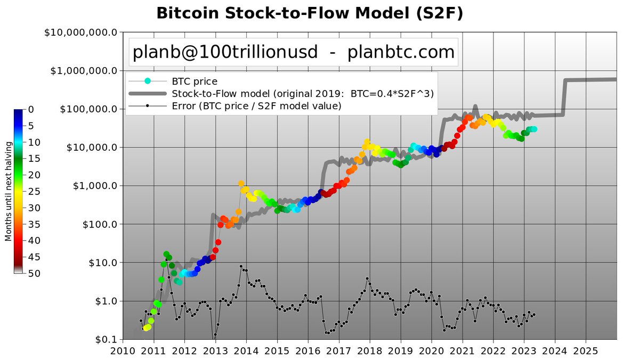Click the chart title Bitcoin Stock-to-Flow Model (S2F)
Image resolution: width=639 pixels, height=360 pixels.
[x=309, y=13]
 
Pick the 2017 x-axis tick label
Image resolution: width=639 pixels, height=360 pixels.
[x=339, y=351]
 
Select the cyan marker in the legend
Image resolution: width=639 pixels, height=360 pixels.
[x=148, y=81]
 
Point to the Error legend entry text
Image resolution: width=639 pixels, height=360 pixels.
[x=256, y=105]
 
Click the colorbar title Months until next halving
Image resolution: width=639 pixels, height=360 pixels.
[x=9, y=191]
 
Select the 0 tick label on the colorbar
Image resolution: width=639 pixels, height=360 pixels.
[x=31, y=109]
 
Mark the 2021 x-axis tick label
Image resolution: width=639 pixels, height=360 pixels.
[x=462, y=351]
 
